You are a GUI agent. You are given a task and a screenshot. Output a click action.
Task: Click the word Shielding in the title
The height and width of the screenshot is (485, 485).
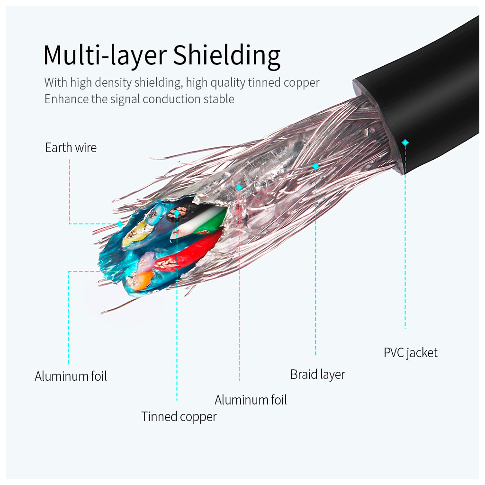pyautogui.click(x=226, y=56)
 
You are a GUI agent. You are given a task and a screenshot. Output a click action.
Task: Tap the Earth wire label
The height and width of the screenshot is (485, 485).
pyautogui.click(x=71, y=148)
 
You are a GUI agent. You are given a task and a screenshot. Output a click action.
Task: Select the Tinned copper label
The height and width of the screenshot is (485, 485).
pyautogui.click(x=179, y=417)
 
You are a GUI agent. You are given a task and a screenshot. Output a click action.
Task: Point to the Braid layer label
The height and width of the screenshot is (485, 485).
pyautogui.click(x=317, y=375)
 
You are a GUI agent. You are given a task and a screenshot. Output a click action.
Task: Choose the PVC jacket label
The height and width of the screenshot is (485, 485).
pyautogui.click(x=410, y=353)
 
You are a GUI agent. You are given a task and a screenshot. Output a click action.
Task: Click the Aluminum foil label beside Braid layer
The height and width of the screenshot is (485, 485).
pyautogui.click(x=251, y=400)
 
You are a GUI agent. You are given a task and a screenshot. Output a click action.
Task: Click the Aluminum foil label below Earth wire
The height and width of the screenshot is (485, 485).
pyautogui.click(x=71, y=377)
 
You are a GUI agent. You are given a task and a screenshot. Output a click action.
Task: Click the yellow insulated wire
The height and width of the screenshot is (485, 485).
pyautogui.click(x=135, y=235)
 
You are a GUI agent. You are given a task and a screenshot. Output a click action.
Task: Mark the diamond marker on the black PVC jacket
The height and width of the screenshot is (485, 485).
pyautogui.click(x=405, y=142)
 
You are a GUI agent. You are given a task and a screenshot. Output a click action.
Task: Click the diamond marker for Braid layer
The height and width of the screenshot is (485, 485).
pyautogui.click(x=315, y=166)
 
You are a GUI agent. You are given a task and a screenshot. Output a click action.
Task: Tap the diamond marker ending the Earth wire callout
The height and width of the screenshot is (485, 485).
pyautogui.click(x=120, y=224)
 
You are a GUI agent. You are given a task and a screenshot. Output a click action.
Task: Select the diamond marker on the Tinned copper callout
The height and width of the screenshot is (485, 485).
pyautogui.click(x=177, y=214)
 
